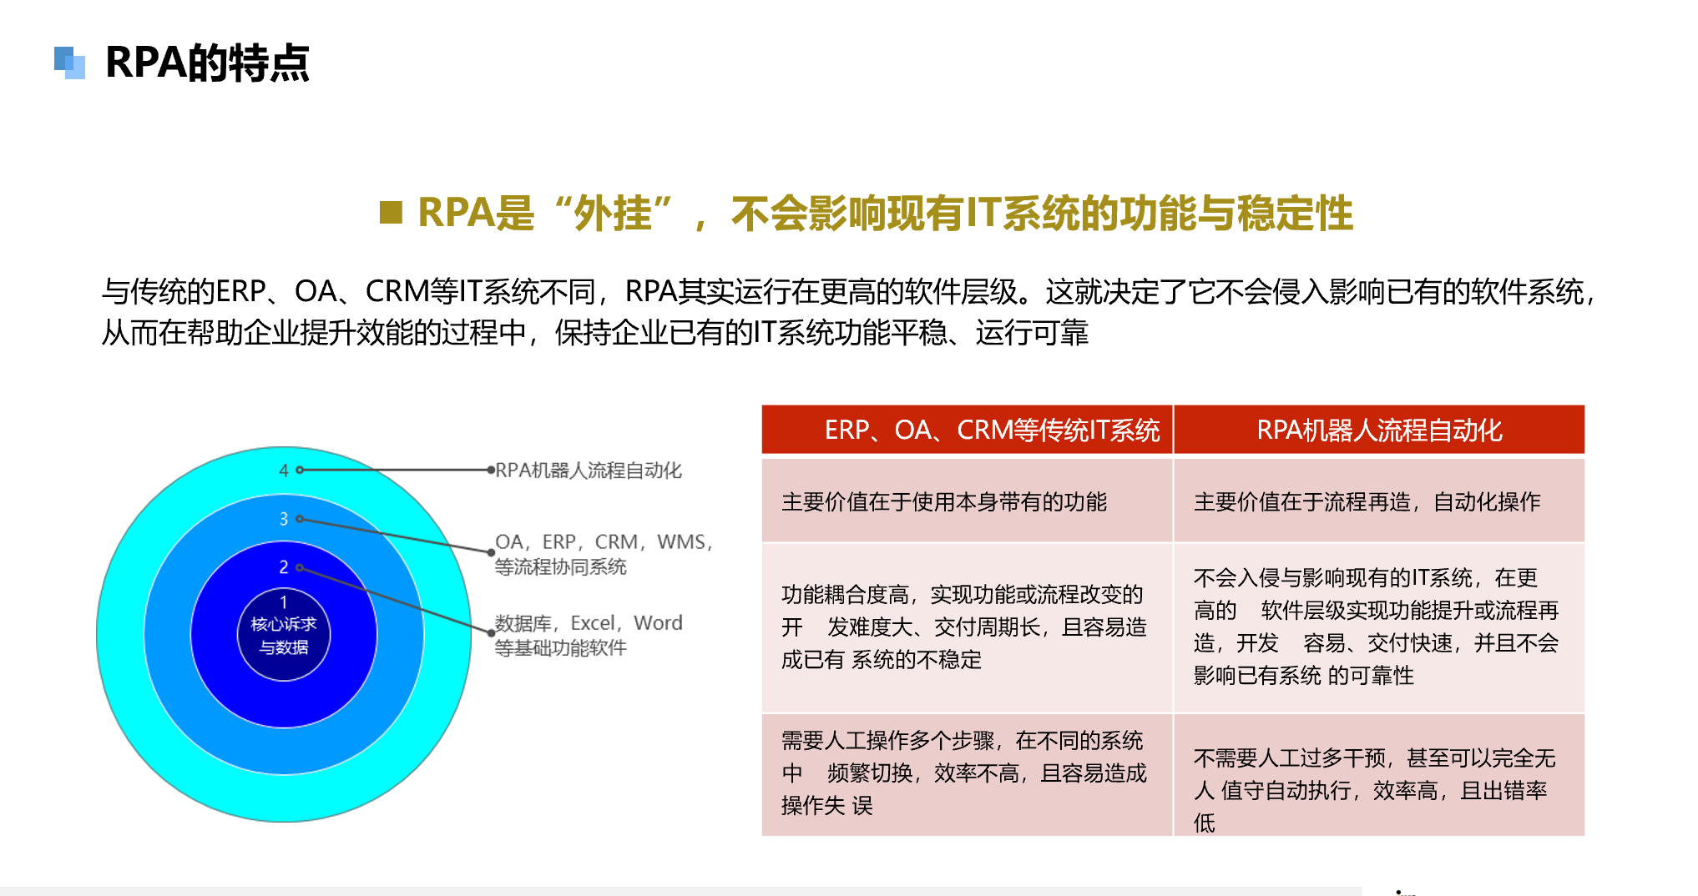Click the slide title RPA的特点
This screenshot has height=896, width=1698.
pyautogui.click(x=207, y=63)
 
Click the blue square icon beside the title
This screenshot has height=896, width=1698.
pyautogui.click(x=70, y=63)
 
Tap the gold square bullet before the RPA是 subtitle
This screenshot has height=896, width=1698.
pyautogui.click(x=391, y=213)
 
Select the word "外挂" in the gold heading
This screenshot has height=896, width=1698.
pyautogui.click(x=613, y=214)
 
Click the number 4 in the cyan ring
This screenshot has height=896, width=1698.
pyautogui.click(x=284, y=471)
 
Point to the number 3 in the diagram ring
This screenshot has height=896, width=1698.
pyautogui.click(x=284, y=519)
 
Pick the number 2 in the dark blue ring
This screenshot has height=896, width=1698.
pyautogui.click(x=284, y=567)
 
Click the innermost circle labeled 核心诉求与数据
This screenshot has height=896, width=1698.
pyautogui.click(x=284, y=635)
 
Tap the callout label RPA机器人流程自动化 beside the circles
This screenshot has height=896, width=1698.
pyautogui.click(x=589, y=471)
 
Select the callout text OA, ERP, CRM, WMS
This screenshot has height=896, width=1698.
pyautogui.click(x=604, y=542)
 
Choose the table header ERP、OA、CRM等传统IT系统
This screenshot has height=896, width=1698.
pyautogui.click(x=992, y=430)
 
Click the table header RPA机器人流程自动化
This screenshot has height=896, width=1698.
pyautogui.click(x=1379, y=430)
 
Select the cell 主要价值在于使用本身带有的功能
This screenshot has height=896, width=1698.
pyautogui.click(x=944, y=501)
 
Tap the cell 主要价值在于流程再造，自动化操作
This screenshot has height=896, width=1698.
pyautogui.click(x=1367, y=501)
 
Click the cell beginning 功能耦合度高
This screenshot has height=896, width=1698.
pyautogui.click(x=964, y=627)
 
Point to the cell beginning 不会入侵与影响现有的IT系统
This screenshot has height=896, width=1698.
pyautogui.click(x=1377, y=627)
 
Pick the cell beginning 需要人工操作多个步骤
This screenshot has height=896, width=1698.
pyautogui.click(x=964, y=773)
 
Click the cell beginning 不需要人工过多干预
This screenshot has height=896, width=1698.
pyautogui.click(x=1375, y=789)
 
